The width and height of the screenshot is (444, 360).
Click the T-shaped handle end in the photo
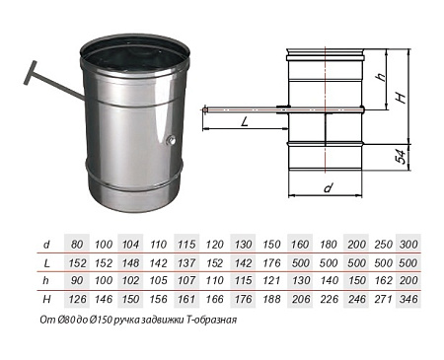[x=30, y=73]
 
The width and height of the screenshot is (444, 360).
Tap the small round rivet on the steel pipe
[x=171, y=141]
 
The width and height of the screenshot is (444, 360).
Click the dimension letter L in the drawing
[x=245, y=122]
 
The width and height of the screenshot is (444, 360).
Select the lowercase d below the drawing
[x=328, y=188]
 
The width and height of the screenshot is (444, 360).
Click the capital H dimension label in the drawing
[x=401, y=98]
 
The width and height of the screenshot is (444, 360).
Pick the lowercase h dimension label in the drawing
[x=381, y=77]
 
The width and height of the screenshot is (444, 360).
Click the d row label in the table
[x=46, y=245]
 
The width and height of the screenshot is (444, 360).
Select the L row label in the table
[x=46, y=263]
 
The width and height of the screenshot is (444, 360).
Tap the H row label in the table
[x=46, y=299]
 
